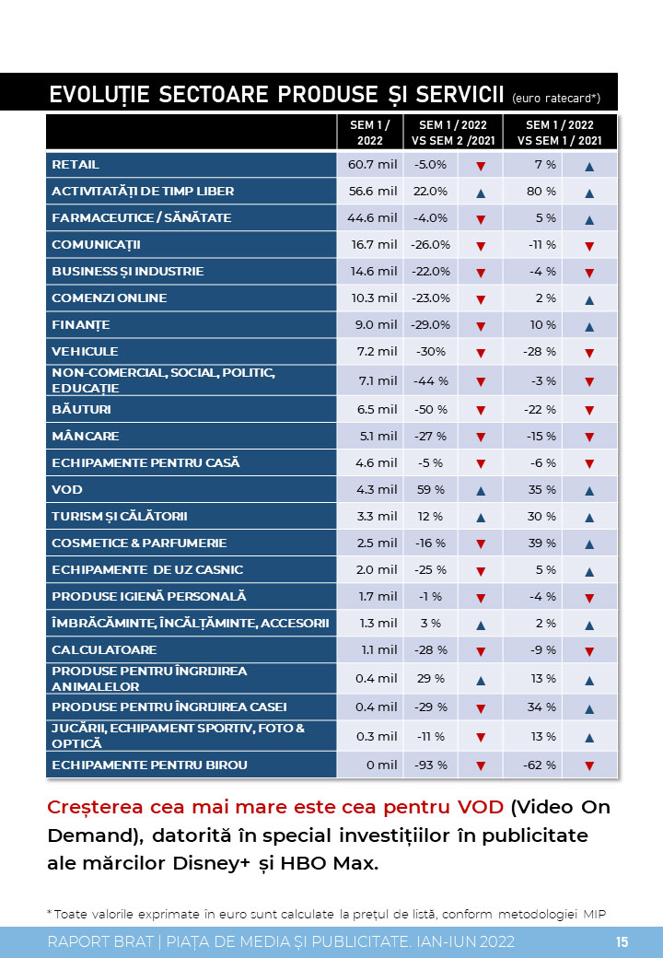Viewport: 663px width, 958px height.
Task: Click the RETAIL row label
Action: tap(76, 164)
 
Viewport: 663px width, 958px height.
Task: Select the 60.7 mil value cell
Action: tap(372, 164)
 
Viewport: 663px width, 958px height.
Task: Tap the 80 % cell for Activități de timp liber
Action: tap(541, 192)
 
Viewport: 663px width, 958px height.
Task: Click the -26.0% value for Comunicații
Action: tap(430, 244)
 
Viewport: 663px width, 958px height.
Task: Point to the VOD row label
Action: tap(67, 489)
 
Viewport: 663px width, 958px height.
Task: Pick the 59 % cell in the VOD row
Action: tap(431, 489)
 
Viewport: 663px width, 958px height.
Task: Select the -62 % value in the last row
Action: tap(540, 765)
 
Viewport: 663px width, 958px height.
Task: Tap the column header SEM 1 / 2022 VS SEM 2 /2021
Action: tap(453, 133)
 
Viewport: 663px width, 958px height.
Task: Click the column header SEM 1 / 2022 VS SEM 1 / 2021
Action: tap(560, 133)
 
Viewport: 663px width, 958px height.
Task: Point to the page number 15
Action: tap(622, 942)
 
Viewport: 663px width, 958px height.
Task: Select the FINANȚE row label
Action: tap(81, 325)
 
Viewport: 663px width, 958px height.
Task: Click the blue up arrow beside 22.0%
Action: tap(481, 193)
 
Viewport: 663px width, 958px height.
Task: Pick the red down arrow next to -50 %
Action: tap(481, 411)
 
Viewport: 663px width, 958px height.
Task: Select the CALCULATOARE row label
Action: tap(104, 649)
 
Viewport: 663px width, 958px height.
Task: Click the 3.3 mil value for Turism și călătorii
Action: tap(377, 516)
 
